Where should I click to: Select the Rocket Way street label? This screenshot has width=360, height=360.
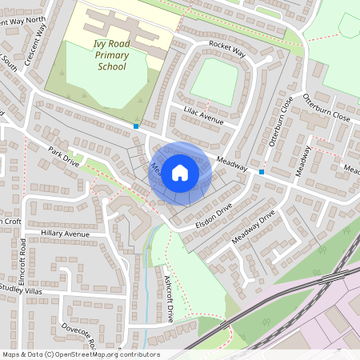point(226,50)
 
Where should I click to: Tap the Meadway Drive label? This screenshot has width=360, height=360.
point(253,227)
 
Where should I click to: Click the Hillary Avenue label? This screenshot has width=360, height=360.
point(65,234)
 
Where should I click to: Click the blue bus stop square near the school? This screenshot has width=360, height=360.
point(137,126)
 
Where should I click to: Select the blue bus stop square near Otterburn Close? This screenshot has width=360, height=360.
point(262,171)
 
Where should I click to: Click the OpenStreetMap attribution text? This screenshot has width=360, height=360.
point(81,354)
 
